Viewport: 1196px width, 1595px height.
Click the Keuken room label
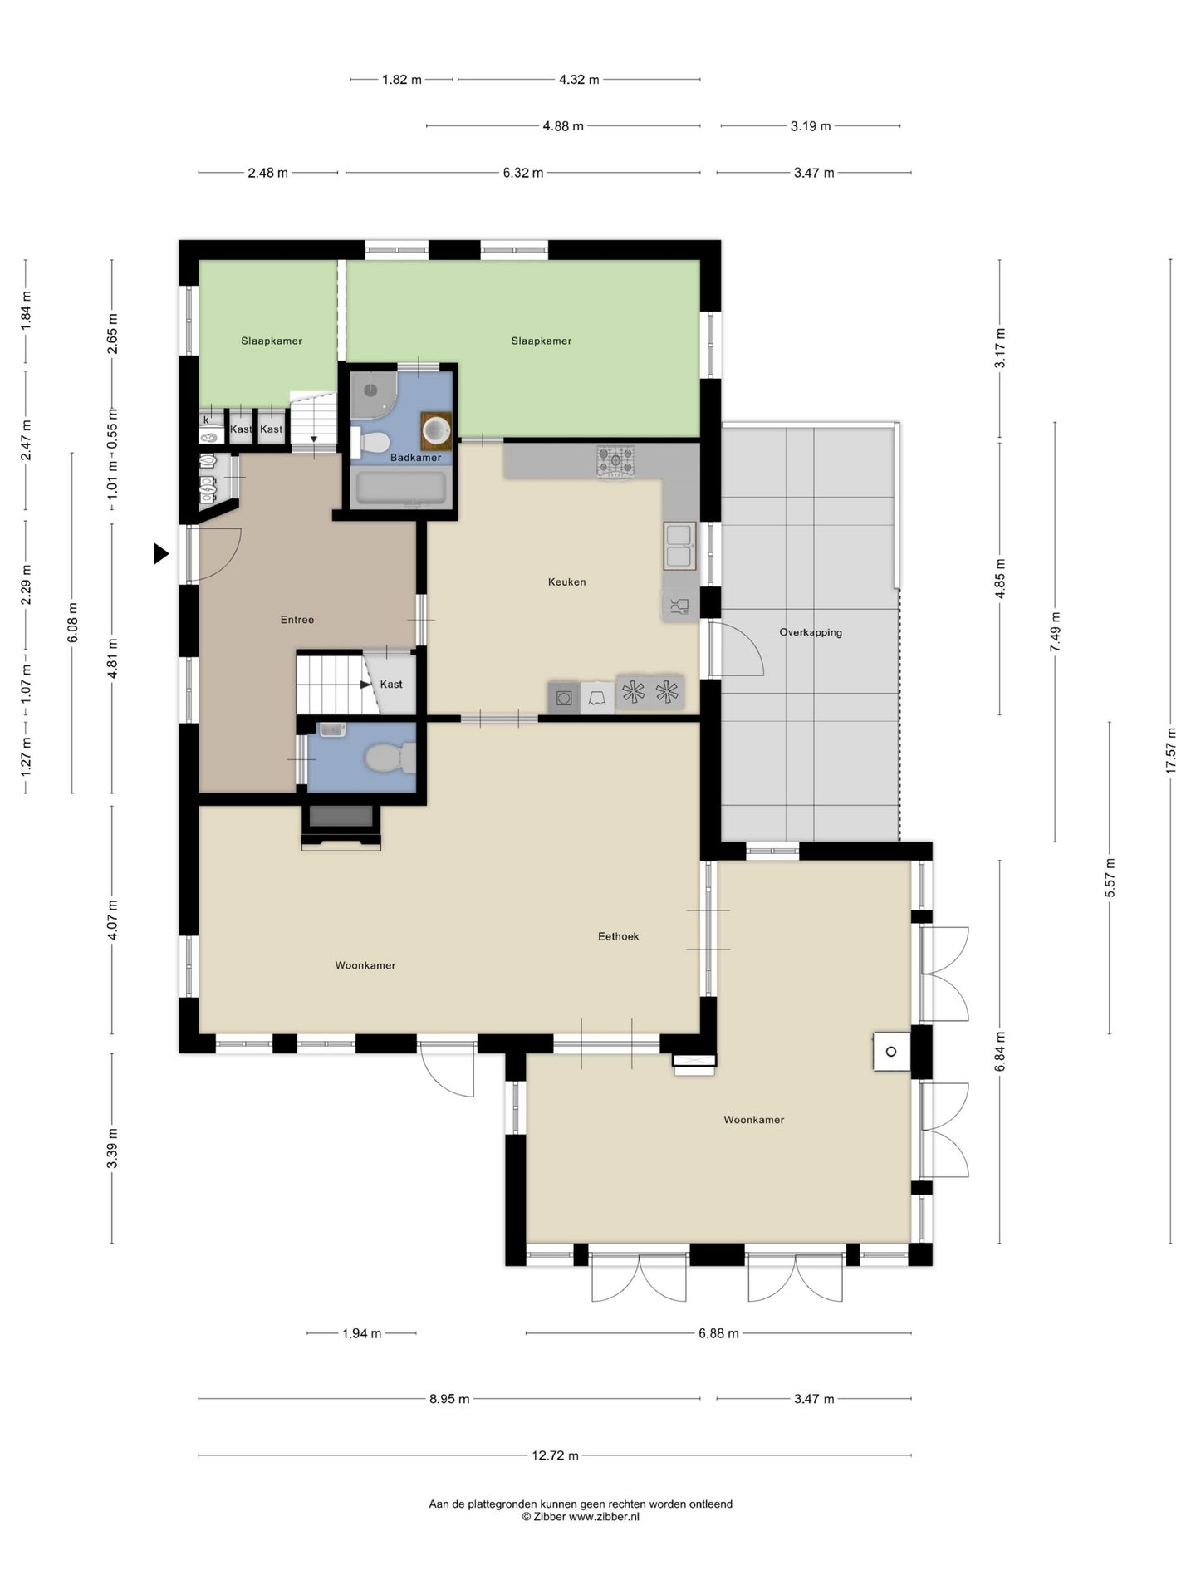566,582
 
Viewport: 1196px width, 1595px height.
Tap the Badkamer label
415,457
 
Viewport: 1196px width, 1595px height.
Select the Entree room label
297,619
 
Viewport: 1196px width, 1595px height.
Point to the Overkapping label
811,632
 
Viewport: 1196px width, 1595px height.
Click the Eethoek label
619,936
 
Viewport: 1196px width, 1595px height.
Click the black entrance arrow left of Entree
161,553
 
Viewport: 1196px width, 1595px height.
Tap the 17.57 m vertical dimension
1171,751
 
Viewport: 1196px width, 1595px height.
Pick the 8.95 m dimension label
449,1399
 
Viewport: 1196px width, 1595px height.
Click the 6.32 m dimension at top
523,173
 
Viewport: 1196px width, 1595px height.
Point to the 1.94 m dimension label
362,1333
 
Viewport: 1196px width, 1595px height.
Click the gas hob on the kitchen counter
615,461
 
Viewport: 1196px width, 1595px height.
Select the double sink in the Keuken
679,546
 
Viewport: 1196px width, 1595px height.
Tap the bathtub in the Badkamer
401,488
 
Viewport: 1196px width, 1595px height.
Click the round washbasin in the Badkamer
437,429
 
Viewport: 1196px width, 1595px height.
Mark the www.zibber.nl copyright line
581,1517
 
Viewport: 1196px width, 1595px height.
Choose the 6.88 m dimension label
718,1333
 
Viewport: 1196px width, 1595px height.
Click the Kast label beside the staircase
391,685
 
